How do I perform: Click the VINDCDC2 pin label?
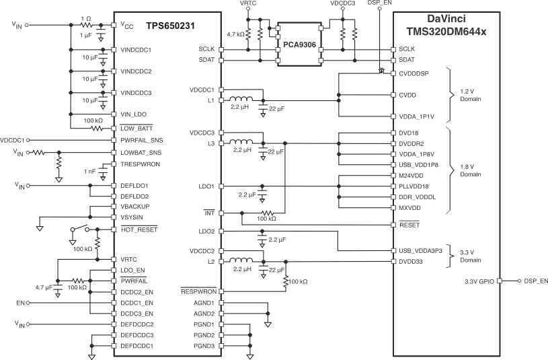pos(136,71)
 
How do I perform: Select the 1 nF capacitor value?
pos(90,172)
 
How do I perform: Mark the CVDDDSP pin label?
pos(416,73)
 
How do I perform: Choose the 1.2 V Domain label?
pos(467,95)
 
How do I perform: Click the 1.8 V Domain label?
pos(467,170)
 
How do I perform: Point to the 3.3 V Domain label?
pos(467,257)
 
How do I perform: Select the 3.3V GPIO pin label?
pos(479,280)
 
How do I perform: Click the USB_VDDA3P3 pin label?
pos(422,250)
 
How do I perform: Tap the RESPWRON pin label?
pos(197,291)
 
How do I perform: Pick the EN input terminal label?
pos(20,303)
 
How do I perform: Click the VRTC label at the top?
pos(249,4)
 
